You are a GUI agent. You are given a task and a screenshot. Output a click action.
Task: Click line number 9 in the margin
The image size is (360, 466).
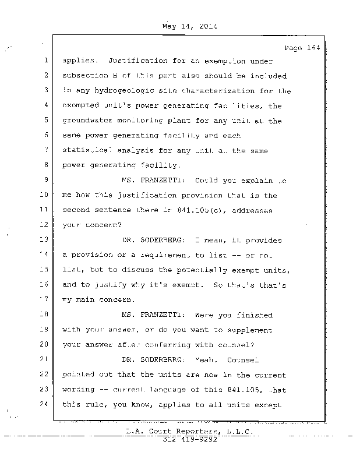[x=45, y=179]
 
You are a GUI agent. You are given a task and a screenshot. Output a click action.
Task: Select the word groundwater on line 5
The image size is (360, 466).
[x=87, y=121]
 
